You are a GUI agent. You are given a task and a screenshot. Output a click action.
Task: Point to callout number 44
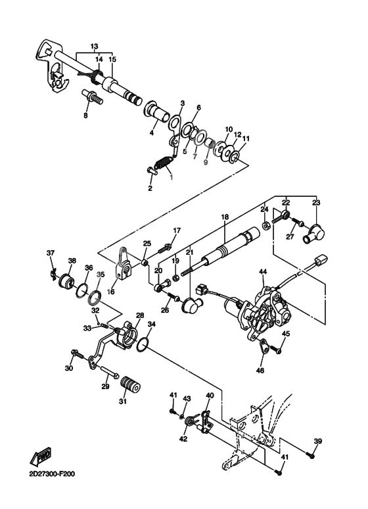coord(262,271)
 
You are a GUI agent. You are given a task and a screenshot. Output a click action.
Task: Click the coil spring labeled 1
coord(164,161)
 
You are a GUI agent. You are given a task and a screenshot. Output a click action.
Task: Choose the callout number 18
coord(224,217)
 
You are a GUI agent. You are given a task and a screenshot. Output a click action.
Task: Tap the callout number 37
coord(50,253)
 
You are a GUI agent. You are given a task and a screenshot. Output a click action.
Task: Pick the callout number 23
coord(317,203)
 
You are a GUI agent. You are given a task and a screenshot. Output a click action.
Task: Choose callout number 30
coord(68,368)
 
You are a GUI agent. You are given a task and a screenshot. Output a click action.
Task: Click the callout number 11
coord(246,139)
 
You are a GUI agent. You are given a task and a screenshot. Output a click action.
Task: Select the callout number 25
coord(147,244)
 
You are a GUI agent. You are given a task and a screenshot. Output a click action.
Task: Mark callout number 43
coord(186,399)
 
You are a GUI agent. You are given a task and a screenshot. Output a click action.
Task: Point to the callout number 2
coord(150,188)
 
